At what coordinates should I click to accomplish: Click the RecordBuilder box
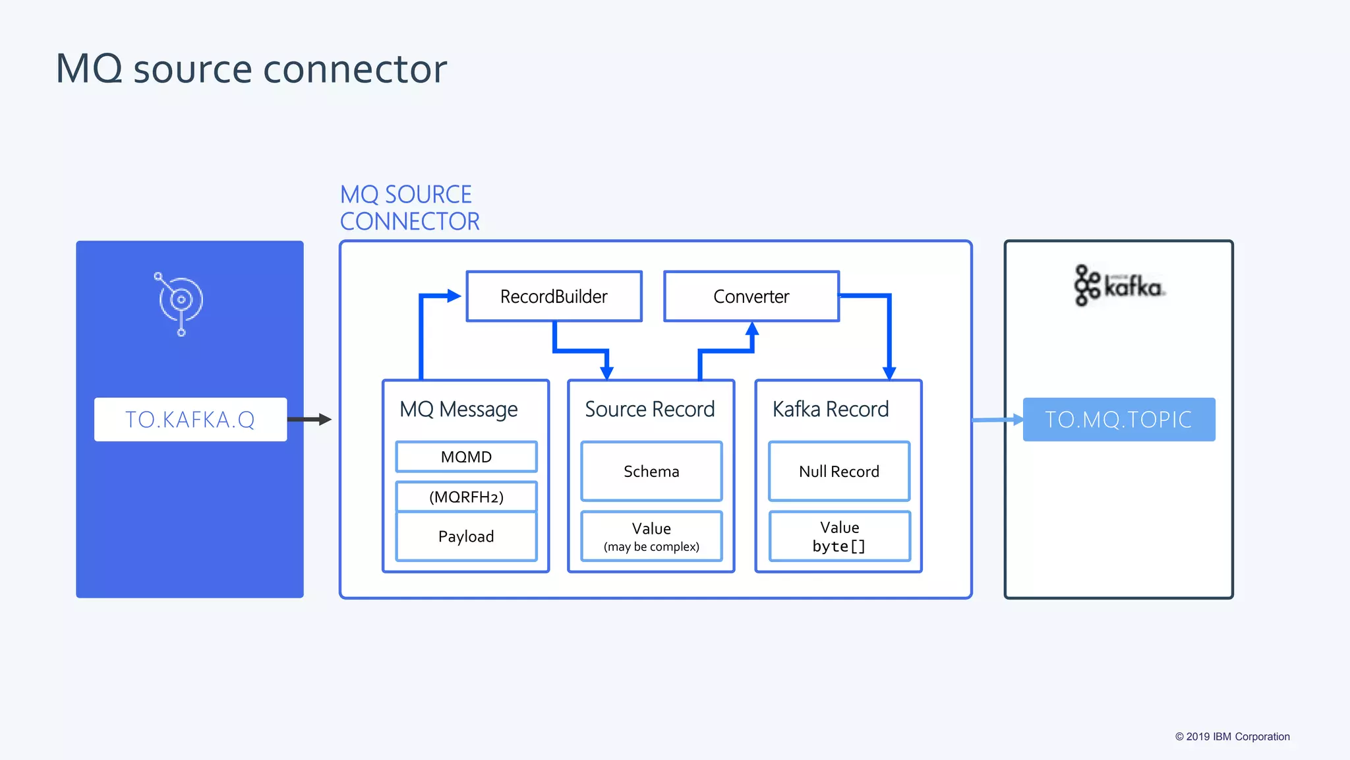point(554,296)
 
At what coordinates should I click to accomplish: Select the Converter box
point(751,296)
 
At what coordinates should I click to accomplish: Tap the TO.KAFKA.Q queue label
point(190,420)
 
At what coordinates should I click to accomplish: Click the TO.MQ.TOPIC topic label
point(1119,420)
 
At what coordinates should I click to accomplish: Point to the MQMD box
point(466,457)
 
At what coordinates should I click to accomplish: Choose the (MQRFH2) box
point(466,497)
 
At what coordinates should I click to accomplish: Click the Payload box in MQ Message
point(466,536)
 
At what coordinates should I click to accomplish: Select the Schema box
point(651,471)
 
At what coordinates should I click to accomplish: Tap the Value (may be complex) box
point(651,536)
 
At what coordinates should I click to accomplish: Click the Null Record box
point(838,471)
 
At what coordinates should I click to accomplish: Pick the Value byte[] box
point(838,536)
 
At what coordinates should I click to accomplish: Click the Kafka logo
point(1119,286)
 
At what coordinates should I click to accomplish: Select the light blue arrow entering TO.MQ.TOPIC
point(997,420)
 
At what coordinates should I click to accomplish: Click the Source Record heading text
point(649,409)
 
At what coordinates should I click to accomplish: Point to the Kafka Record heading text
point(831,409)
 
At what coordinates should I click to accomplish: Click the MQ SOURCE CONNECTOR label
point(409,208)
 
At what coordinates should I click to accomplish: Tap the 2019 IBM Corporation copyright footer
point(1232,736)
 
